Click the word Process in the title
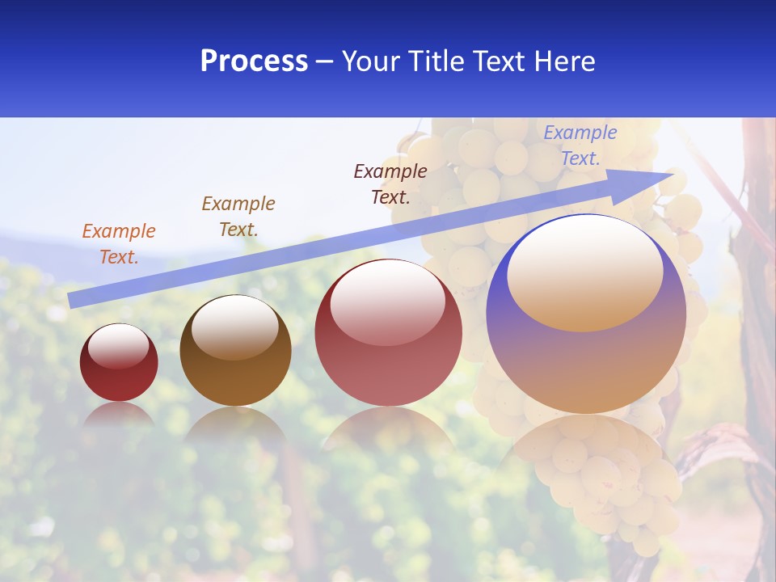point(254,61)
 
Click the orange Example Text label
point(119,244)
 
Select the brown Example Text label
point(238,217)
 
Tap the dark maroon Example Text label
point(390,183)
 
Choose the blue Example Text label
point(580,145)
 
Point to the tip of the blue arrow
point(673,174)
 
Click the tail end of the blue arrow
point(71,301)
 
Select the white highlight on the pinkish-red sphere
point(387,303)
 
